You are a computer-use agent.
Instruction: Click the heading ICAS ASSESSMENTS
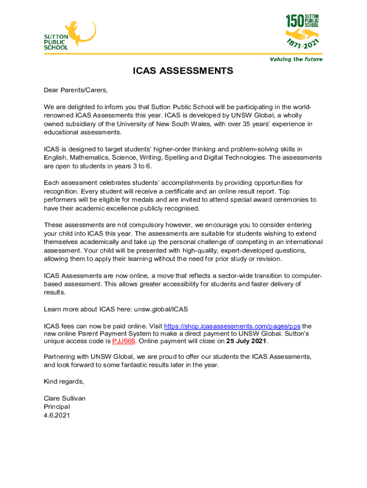pos(183,71)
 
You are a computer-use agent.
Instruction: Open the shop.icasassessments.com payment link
pos(232,326)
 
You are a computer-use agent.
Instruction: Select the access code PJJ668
pos(123,341)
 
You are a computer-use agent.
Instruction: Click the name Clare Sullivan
pos(64,398)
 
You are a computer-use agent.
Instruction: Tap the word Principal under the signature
pos(57,407)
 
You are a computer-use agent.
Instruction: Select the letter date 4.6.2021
pos(57,415)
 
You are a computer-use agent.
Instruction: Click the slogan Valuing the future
pos(296,59)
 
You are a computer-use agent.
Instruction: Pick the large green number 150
pos(295,21)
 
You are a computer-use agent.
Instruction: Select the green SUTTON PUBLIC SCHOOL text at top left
pos(56,42)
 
